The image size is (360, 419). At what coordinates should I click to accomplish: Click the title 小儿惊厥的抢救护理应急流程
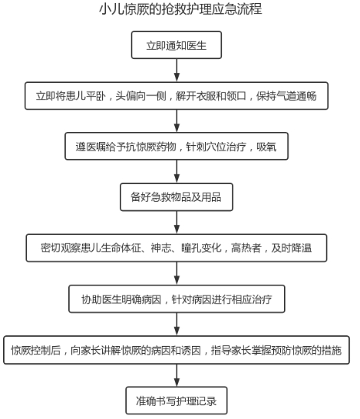[x=180, y=9]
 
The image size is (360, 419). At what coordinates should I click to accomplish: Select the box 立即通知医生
[x=177, y=45]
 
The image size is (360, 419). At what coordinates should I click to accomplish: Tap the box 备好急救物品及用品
[x=177, y=197]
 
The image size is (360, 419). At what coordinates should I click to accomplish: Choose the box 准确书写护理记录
[x=177, y=401]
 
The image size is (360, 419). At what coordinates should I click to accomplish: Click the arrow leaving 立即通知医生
[x=177, y=70]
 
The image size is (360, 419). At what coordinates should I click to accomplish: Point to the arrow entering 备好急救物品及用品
[x=177, y=172]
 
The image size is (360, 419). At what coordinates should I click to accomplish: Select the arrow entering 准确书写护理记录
[x=177, y=375]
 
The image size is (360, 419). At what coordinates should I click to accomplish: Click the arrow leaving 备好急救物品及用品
[x=177, y=223]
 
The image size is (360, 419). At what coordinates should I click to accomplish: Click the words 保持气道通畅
[x=286, y=96]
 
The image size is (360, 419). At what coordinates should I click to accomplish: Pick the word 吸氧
[x=266, y=147]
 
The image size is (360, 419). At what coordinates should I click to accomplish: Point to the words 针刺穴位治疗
[x=216, y=147]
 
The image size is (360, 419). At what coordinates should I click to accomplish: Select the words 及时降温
[x=292, y=248]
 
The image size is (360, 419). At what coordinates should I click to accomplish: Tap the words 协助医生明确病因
[x=121, y=299]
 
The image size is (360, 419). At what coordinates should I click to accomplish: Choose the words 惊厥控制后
[x=36, y=350]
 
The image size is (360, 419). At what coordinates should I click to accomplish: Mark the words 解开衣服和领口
[x=211, y=96]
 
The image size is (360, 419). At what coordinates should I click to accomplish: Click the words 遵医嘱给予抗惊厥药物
[x=126, y=147]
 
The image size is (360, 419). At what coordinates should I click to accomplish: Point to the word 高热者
[x=246, y=248]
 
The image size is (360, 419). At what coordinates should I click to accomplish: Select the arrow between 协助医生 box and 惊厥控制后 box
[x=177, y=324]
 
